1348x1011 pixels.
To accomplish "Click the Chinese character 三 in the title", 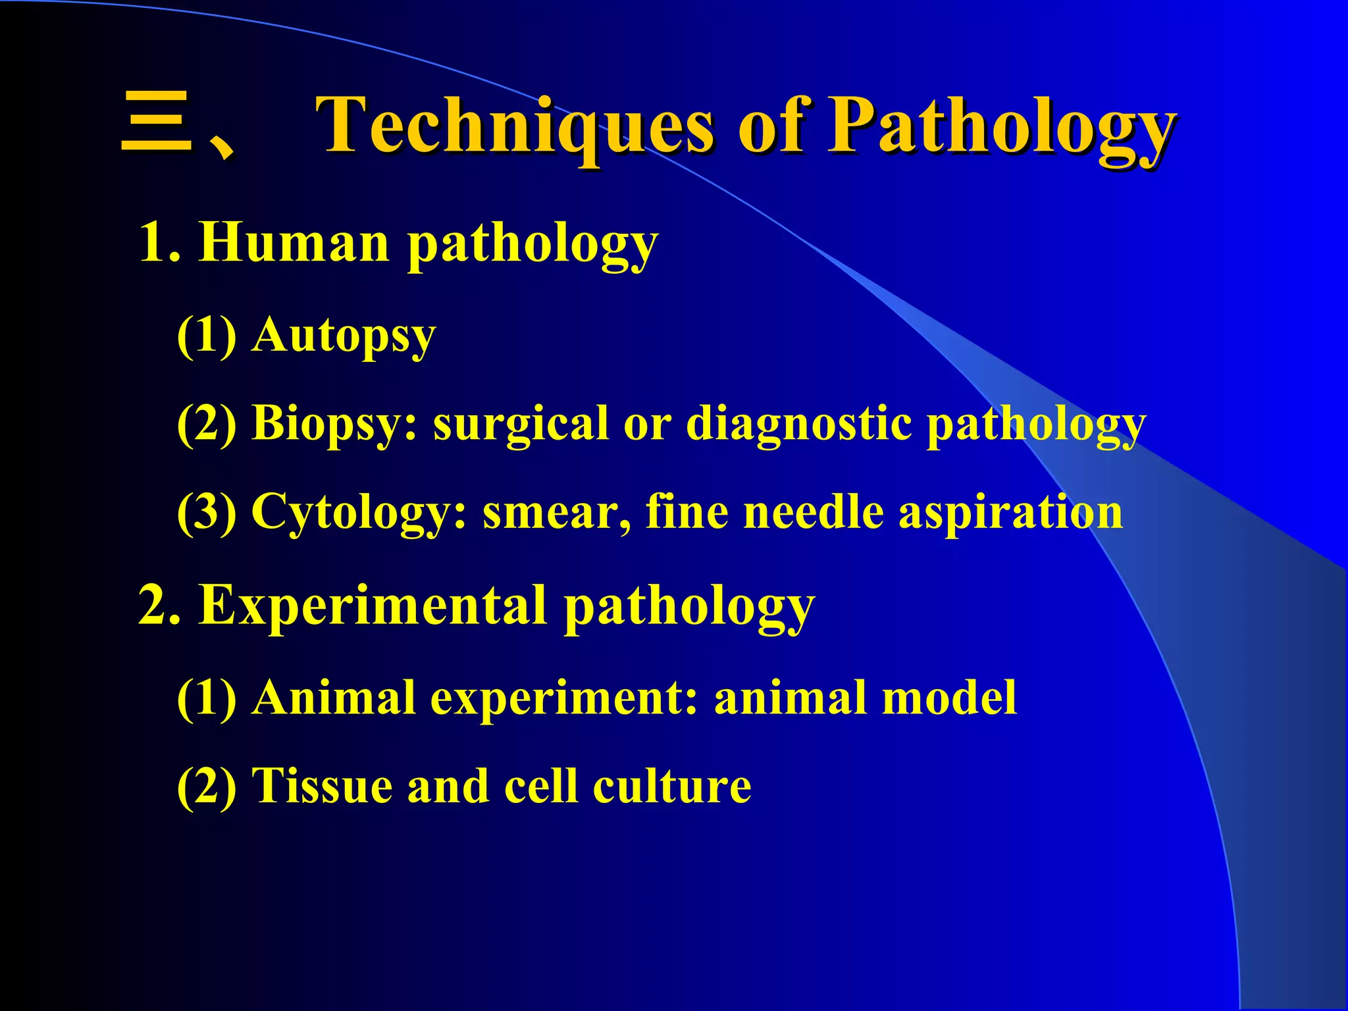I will (157, 124).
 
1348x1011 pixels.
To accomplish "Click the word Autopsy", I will (344, 336).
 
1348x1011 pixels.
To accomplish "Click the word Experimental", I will (373, 606).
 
